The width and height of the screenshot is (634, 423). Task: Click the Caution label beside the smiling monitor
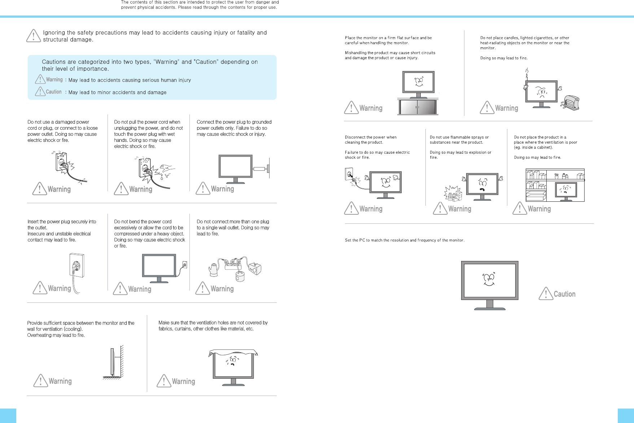coord(564,294)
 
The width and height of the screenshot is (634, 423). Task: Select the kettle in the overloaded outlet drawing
coord(214,269)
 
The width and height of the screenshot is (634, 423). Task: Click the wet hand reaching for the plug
coord(167,169)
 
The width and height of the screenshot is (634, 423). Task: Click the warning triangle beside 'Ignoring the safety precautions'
coord(34,36)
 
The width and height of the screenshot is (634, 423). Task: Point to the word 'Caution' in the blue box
coord(54,92)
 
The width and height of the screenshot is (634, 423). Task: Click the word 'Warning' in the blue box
coord(54,80)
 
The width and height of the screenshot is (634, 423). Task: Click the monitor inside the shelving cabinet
coord(566,191)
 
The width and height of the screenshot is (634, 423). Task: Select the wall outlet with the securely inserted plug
coord(77,266)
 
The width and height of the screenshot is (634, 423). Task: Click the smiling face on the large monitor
coord(489,279)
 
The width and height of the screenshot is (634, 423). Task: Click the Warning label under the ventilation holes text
coord(183,381)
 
